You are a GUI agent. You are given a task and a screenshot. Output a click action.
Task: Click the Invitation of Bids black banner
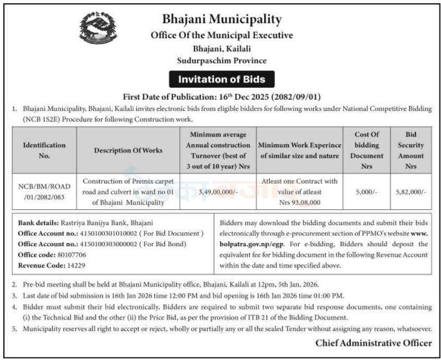(x=222, y=80)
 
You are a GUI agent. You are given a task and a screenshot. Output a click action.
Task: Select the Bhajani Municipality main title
(x=222, y=20)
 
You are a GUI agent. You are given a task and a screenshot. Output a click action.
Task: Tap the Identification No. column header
(x=44, y=150)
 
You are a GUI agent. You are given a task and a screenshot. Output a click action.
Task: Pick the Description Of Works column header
(x=128, y=150)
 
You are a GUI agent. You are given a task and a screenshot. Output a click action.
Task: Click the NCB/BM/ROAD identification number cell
(x=44, y=192)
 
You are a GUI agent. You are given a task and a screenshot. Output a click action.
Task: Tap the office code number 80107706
(x=73, y=255)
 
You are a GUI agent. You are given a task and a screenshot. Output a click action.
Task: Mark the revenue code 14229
(x=75, y=265)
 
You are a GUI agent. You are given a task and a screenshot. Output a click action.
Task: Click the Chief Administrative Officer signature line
(x=373, y=343)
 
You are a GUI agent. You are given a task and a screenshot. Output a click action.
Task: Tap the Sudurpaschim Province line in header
(x=222, y=61)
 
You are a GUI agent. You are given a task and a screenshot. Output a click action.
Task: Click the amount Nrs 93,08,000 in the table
(x=300, y=202)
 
